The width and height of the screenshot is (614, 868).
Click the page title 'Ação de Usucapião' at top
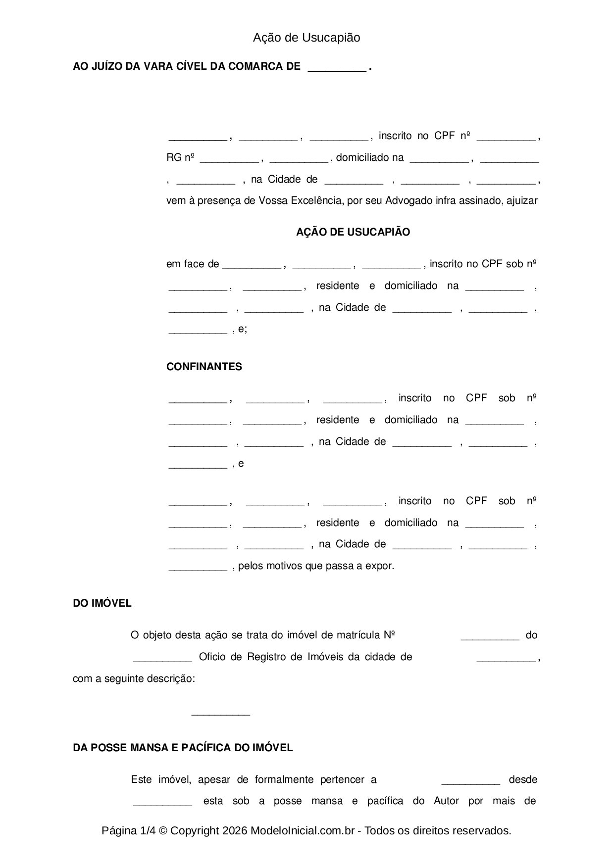pos(307,38)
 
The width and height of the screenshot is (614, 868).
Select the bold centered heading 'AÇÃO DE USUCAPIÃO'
pos(353,232)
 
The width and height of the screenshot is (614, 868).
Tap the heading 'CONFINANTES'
pos(204,367)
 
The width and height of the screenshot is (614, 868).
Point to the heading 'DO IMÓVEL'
pos(102,603)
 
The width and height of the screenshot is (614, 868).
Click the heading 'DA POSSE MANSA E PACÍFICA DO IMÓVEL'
pos(183,747)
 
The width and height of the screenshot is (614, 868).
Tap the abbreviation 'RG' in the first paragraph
pos(174,158)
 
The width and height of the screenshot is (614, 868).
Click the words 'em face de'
pos(193,264)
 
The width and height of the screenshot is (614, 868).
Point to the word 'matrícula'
pos(358,635)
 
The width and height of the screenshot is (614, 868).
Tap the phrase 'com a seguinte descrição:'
pos(134,678)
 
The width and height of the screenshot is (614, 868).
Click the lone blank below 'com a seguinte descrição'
pos(220,713)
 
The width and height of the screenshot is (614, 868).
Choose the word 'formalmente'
pos(284,779)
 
